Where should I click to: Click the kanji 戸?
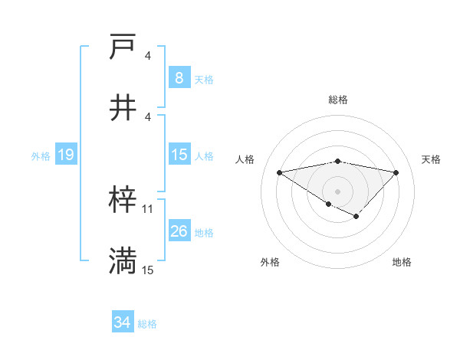pos(123,48)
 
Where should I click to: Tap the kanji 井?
pos(123,108)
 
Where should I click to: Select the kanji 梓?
pos(123,201)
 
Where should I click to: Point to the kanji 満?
pos(123,261)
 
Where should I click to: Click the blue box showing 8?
pos(179,77)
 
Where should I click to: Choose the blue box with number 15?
pos(179,155)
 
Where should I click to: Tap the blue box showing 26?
pos(179,231)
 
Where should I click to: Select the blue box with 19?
pos(65,155)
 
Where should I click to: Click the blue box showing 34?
pos(122,322)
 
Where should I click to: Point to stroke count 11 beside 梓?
pos(148,208)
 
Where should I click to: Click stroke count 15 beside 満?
pos(148,270)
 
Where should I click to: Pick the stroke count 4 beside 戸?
pos(148,56)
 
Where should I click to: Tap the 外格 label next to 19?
pos(41,155)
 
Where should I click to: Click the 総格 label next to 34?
pos(147,324)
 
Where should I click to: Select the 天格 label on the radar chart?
pos(431,159)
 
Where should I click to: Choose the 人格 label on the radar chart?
pos(246,159)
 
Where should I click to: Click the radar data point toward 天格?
pos(396,172)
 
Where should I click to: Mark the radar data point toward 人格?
pos(280,172)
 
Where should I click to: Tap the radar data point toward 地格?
pos(356,217)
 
